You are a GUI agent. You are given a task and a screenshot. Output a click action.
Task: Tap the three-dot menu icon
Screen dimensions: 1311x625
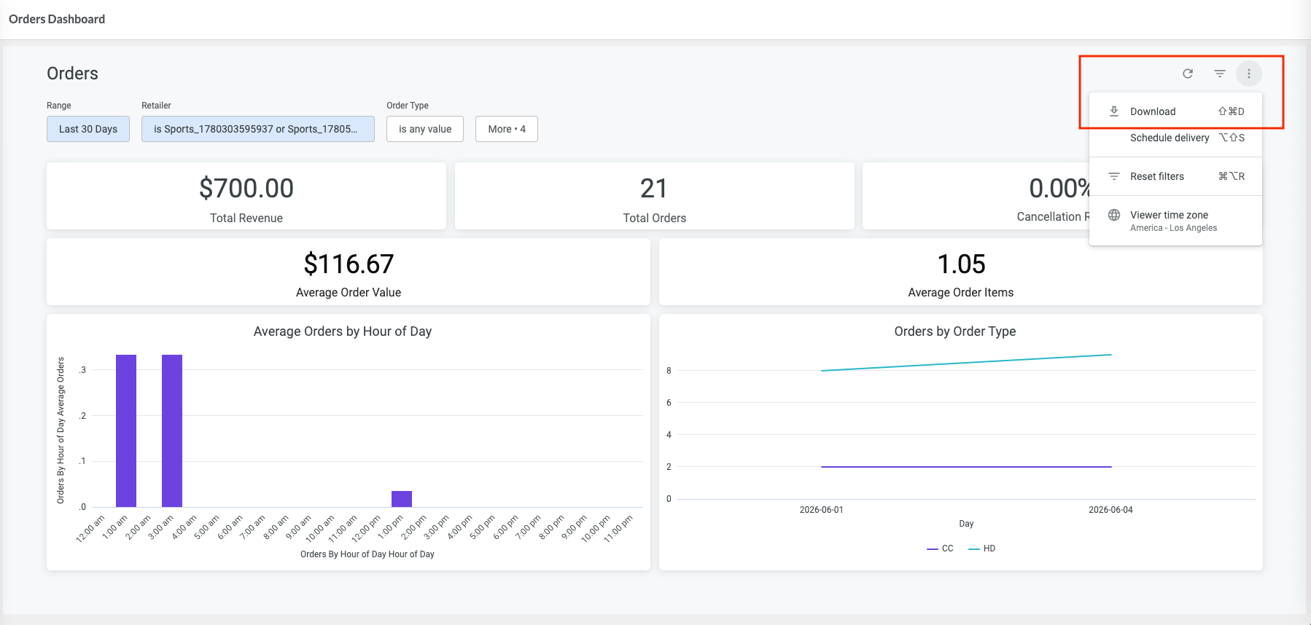(1249, 74)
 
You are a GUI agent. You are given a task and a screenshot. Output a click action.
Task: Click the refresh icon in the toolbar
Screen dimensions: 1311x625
(1188, 74)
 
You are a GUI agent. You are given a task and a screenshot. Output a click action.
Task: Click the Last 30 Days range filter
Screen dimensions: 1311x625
(88, 129)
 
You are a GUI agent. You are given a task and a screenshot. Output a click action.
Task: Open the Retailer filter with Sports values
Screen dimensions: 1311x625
(258, 129)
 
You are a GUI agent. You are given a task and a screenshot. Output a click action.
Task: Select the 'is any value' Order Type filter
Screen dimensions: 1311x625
(425, 129)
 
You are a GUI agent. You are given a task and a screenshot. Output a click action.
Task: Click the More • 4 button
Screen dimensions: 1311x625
(507, 129)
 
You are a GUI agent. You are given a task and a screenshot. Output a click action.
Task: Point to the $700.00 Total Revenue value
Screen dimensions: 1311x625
(246, 189)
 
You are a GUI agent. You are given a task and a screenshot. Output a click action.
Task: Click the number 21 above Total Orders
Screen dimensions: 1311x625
(654, 189)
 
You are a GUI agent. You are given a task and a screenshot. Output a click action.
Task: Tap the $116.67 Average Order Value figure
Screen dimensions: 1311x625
(349, 264)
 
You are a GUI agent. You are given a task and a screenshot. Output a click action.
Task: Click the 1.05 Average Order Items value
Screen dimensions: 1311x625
(961, 264)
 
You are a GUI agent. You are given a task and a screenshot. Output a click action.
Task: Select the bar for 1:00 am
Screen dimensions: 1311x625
(126, 431)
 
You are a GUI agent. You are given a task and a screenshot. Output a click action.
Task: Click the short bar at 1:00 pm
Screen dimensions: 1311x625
(402, 499)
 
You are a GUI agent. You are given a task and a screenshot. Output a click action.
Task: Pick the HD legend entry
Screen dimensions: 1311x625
(981, 549)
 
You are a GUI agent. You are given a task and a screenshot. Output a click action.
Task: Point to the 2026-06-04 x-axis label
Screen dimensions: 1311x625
(1110, 510)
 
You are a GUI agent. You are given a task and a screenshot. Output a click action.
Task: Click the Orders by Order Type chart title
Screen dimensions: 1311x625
(955, 331)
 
